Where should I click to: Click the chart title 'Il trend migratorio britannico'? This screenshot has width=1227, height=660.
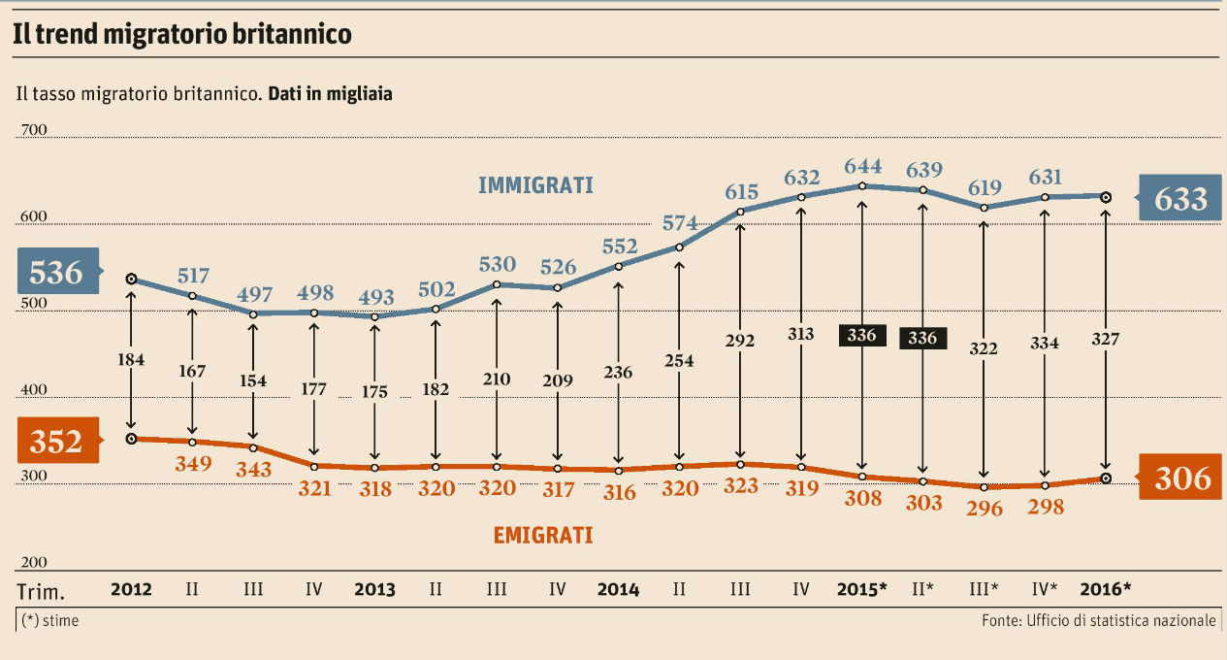(181, 35)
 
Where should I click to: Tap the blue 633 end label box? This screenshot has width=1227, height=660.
(1179, 198)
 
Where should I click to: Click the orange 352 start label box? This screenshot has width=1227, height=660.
(55, 442)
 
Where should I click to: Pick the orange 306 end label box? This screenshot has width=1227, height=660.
(1180, 478)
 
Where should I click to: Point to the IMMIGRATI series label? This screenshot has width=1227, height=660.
(535, 185)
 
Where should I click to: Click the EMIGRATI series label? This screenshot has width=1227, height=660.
(542, 535)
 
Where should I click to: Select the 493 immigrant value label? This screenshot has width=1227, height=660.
(375, 296)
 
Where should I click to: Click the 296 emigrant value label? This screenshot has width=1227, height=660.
(985, 507)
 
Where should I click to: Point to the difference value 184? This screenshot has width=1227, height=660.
(131, 360)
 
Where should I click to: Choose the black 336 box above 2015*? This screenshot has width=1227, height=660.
(861, 336)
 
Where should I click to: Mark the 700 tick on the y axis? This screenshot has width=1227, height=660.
(35, 130)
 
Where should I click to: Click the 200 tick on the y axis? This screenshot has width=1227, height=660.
(35, 562)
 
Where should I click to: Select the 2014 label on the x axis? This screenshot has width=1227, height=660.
(618, 589)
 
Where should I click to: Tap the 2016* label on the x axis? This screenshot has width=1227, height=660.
(1105, 589)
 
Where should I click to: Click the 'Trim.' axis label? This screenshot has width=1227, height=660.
(42, 590)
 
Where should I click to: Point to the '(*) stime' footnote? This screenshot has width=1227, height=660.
(49, 620)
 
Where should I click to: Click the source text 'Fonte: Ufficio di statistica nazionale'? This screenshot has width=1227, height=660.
(1097, 620)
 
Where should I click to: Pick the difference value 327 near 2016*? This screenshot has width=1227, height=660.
(1106, 339)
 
